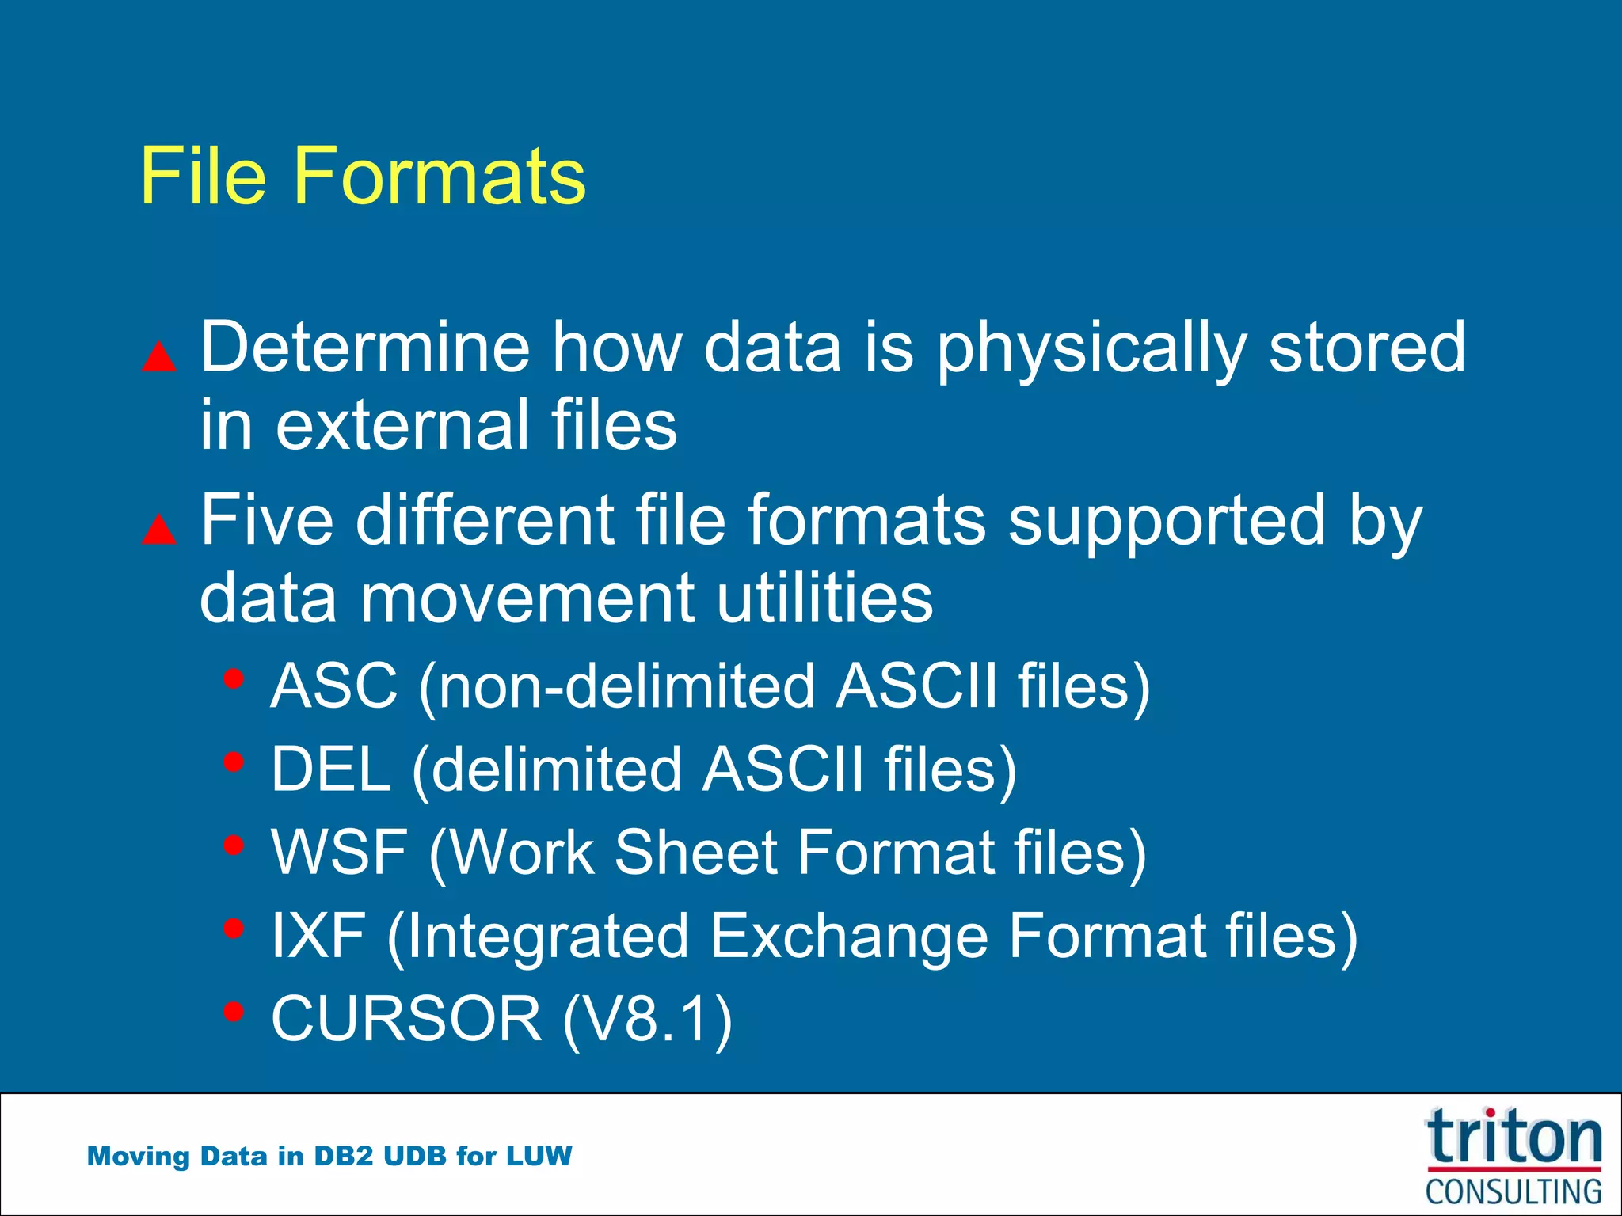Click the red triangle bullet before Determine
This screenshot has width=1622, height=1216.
pyautogui.click(x=159, y=357)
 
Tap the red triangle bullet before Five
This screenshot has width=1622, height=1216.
pyautogui.click(x=159, y=530)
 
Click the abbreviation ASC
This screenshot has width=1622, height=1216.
pyautogui.click(x=333, y=686)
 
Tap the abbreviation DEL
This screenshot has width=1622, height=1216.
pyautogui.click(x=330, y=769)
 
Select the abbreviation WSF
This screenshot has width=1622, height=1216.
pyautogui.click(x=339, y=853)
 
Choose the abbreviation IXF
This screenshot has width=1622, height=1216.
pyautogui.click(x=318, y=937)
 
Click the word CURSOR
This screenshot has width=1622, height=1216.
pyautogui.click(x=406, y=1019)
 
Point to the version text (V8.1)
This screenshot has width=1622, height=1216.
pyautogui.click(x=647, y=1020)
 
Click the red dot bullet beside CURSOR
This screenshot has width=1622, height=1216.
pyautogui.click(x=233, y=1011)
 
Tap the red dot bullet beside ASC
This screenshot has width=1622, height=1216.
pyautogui.click(x=233, y=678)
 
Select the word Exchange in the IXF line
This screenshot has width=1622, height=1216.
pyautogui.click(x=848, y=937)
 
